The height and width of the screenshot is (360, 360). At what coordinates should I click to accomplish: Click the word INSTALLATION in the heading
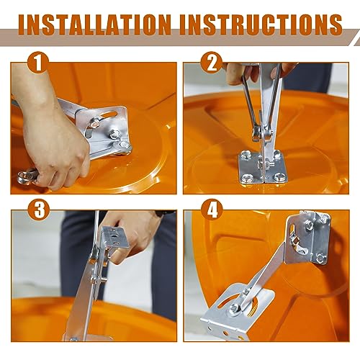(x=95, y=25)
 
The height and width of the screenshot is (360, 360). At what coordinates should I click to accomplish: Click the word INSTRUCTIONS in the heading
(x=261, y=25)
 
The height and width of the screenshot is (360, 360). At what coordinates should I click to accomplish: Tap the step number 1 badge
(x=38, y=63)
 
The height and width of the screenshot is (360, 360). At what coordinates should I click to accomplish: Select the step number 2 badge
(x=212, y=63)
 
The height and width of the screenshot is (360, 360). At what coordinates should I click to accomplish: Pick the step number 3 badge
(x=39, y=210)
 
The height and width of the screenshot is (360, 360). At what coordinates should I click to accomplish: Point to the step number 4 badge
(x=212, y=210)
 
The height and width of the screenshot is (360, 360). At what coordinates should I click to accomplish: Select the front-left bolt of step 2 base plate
(x=246, y=178)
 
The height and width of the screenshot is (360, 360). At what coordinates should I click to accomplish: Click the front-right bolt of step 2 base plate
(x=279, y=177)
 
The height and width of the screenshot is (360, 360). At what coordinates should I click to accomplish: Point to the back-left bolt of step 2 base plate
(x=244, y=154)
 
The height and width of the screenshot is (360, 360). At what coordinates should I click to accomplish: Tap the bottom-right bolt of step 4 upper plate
(x=320, y=258)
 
